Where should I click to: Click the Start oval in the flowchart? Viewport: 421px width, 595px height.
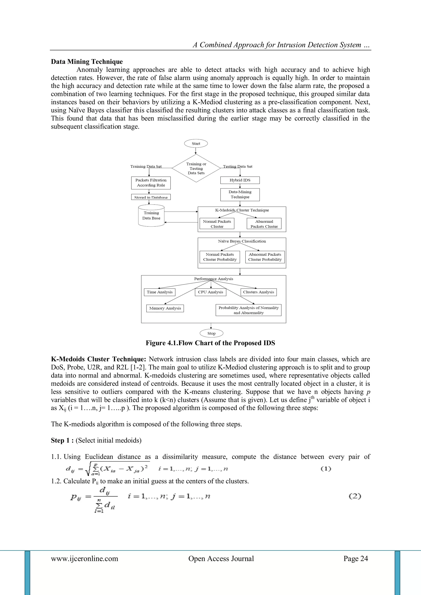196,144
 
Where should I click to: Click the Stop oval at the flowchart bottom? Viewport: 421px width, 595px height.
211,333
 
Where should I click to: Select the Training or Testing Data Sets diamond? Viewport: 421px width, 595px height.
196,169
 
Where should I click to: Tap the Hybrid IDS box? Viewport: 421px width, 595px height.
240,180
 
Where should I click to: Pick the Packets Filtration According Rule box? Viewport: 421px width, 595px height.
151,183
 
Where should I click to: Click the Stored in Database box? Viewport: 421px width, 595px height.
151,197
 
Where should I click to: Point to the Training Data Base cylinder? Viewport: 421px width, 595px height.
151,216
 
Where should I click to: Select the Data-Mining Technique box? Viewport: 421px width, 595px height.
240,194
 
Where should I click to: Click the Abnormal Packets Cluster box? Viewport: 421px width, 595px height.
264,224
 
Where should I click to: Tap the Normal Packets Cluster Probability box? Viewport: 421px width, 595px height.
220,257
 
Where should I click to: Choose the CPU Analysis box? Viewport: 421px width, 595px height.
210,292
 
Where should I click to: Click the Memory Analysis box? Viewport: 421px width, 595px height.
165,308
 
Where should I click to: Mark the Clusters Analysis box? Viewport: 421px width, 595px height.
258,292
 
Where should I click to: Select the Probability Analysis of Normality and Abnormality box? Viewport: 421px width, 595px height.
248,310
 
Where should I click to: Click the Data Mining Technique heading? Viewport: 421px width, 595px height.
87,62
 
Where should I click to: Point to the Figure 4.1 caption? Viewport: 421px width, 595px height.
210,343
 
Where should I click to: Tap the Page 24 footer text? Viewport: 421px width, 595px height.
356,558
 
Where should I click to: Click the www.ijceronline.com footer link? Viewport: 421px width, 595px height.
84,558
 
